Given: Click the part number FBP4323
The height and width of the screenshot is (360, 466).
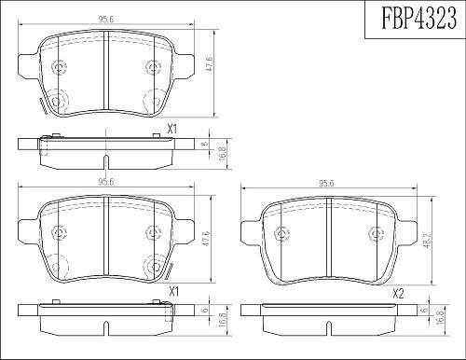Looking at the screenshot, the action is (x=418, y=18).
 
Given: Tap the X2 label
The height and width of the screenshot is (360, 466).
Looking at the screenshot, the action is (x=398, y=294).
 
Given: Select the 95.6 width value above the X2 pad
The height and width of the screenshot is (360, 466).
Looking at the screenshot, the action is (x=326, y=184).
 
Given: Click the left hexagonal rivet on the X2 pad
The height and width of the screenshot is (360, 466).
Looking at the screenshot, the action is (x=282, y=234).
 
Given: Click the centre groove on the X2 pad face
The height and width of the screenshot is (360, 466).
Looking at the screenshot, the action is (x=329, y=237).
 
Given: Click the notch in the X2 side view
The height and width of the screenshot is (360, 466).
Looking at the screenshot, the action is (x=329, y=329).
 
